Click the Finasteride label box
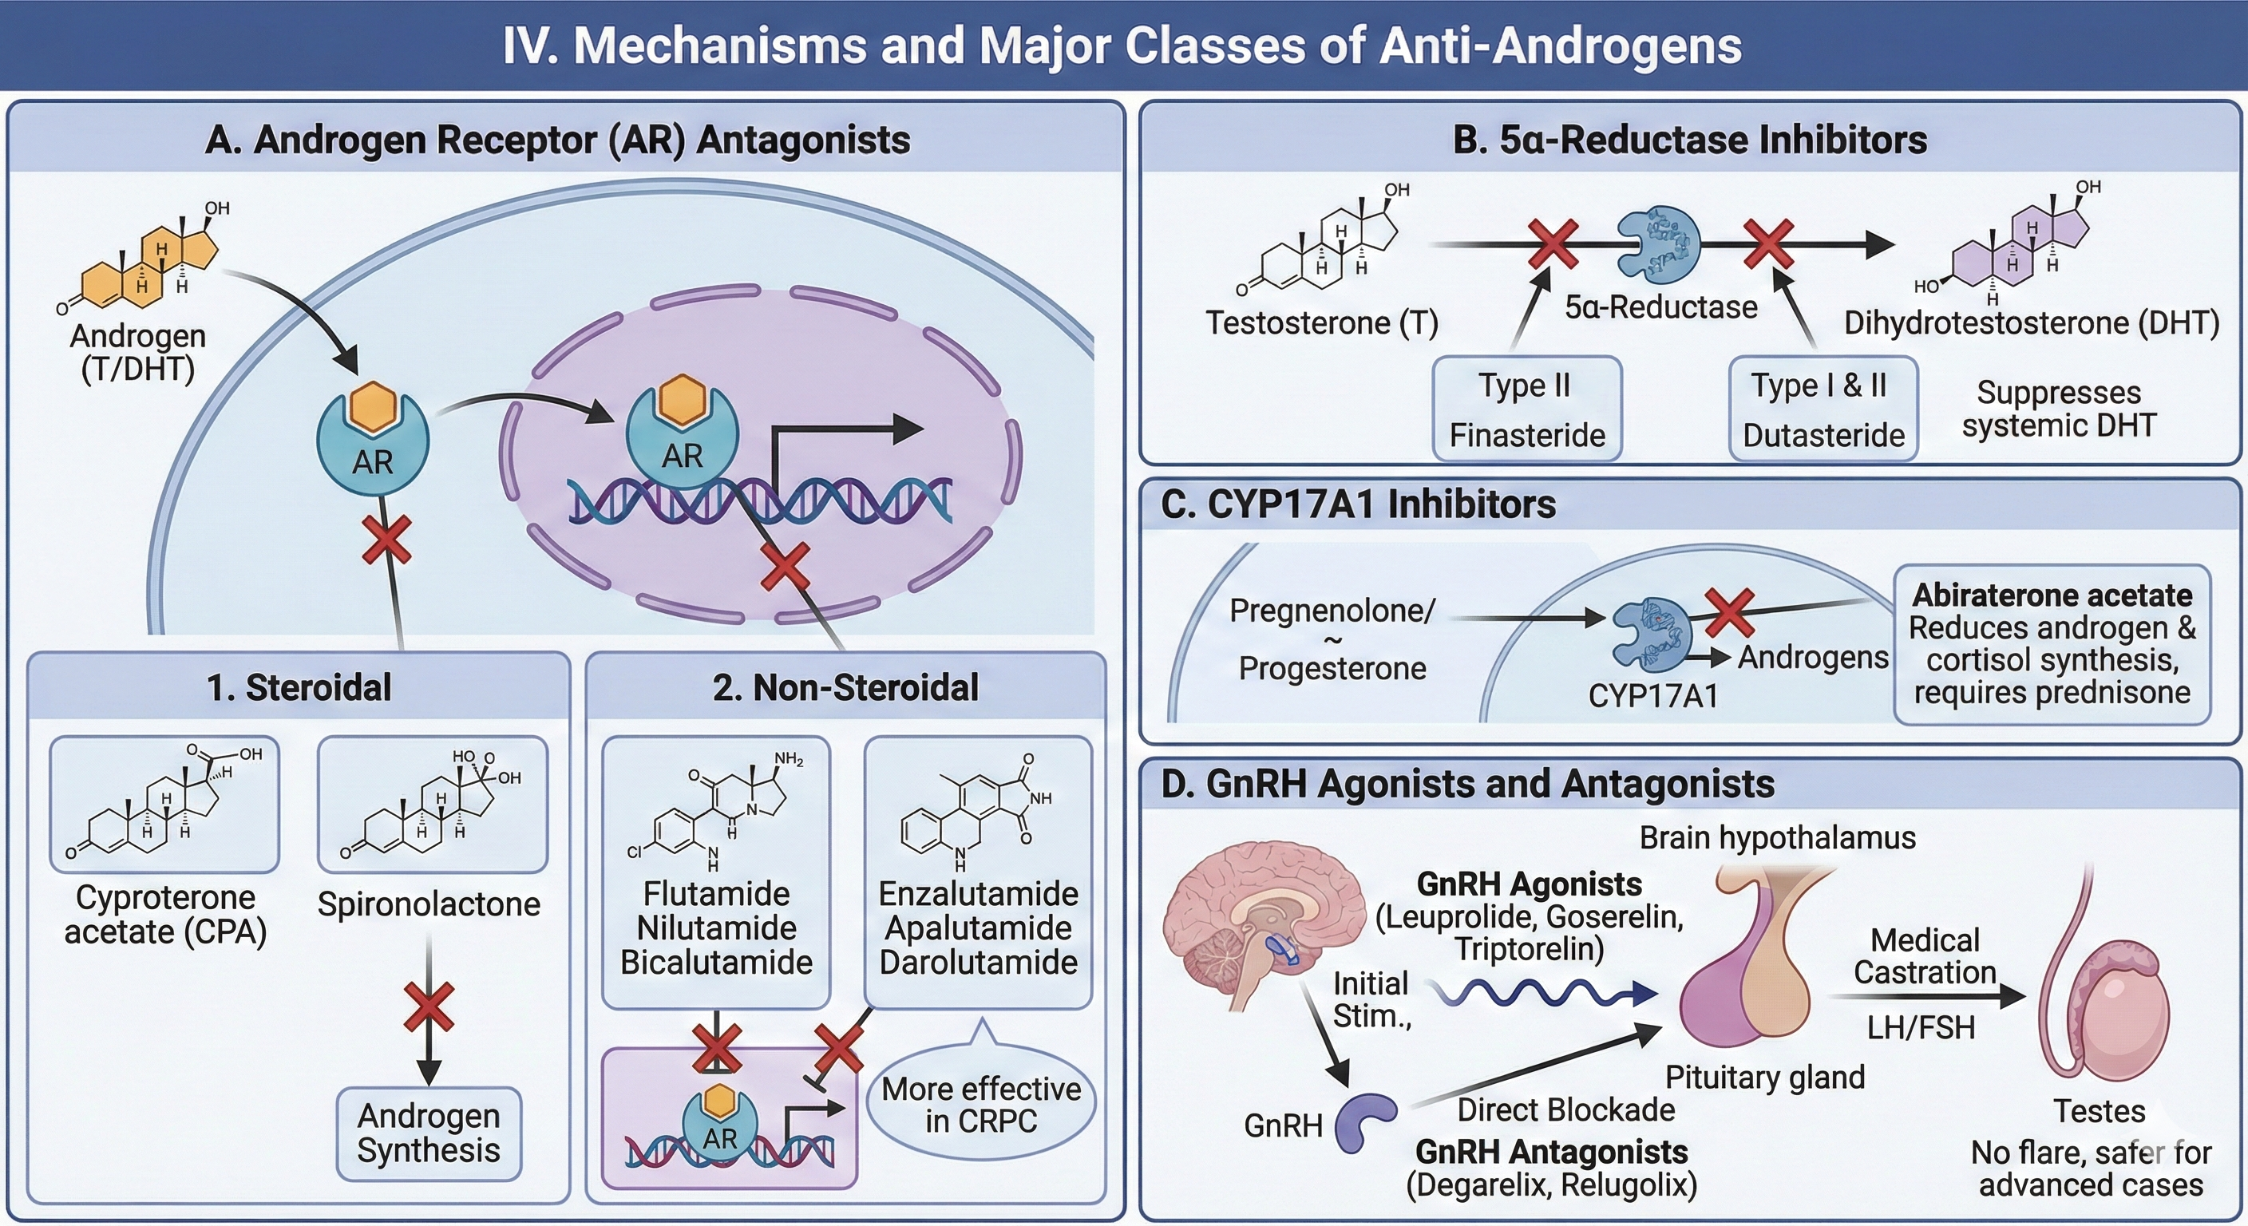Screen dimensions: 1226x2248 1526,409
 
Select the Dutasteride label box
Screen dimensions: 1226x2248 1823,409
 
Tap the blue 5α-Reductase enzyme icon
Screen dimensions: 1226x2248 1658,245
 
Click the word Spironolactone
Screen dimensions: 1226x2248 429,904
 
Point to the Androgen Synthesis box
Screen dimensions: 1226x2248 429,1133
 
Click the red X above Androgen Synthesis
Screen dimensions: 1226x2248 429,1007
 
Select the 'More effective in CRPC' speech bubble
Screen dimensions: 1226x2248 981,1105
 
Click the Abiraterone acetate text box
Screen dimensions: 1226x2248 2051,644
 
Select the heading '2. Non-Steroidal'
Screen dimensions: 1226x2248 845,687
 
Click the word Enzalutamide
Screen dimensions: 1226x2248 977,893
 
